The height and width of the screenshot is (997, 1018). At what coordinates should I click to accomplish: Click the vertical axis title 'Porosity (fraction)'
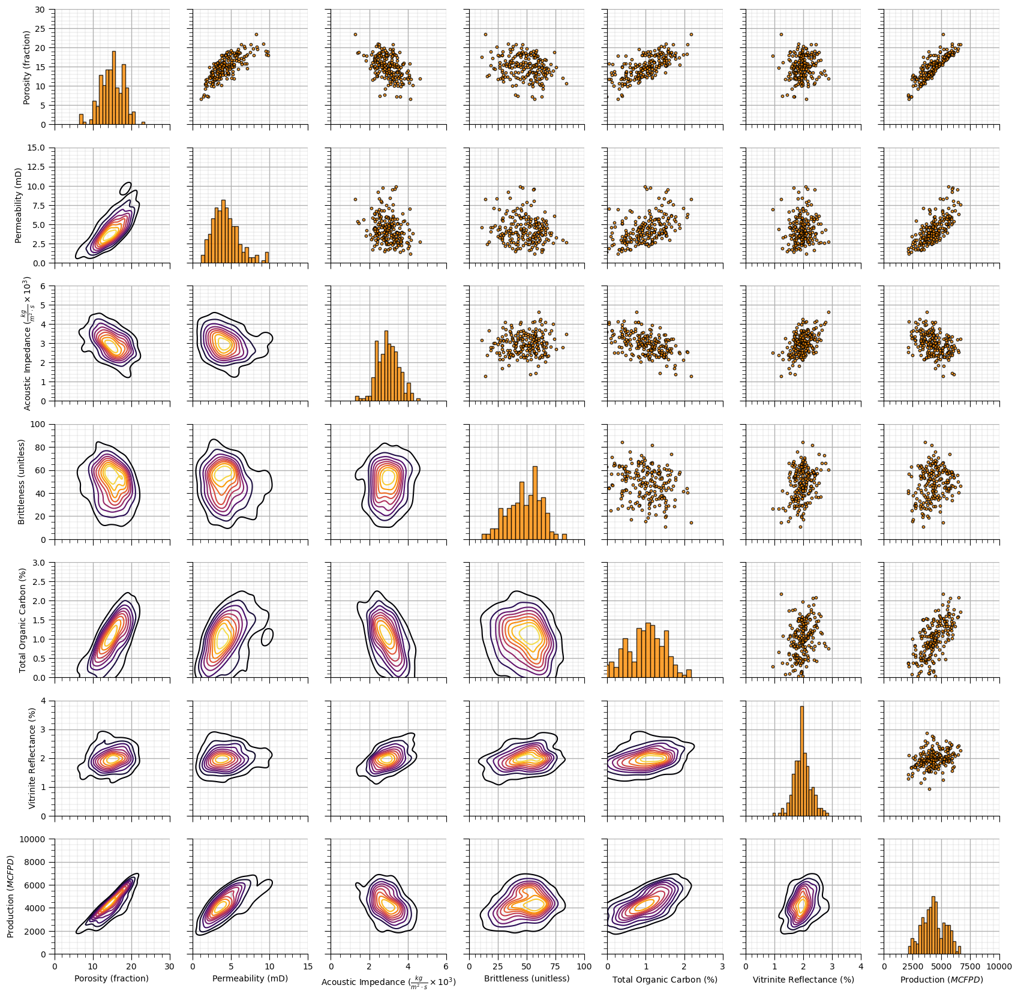26,67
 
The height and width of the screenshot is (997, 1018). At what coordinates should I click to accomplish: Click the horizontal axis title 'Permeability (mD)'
250,978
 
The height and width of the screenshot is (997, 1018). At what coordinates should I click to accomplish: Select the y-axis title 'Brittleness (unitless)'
22,482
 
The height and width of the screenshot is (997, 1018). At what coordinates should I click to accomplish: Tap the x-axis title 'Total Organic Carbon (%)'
665,980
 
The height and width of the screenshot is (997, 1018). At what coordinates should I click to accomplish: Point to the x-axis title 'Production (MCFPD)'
941,980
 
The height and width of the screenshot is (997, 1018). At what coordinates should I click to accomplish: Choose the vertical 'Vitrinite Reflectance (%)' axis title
32,758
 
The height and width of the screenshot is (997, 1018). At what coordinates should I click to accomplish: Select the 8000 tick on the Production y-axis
35,862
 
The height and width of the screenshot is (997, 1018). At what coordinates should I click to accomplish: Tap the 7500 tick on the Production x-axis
971,966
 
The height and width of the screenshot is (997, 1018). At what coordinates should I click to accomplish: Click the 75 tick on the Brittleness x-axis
555,966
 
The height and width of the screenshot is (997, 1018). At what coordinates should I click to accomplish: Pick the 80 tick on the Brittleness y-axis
41,448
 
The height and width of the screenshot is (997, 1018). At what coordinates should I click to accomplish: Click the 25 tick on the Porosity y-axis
41,29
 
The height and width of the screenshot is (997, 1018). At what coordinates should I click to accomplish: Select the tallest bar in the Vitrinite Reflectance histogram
802,762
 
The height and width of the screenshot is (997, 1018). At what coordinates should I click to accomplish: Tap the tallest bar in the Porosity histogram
114,90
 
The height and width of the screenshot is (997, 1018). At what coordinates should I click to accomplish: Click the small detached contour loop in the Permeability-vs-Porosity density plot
125,188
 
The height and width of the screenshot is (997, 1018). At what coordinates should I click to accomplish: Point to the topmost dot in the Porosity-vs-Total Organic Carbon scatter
691,34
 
